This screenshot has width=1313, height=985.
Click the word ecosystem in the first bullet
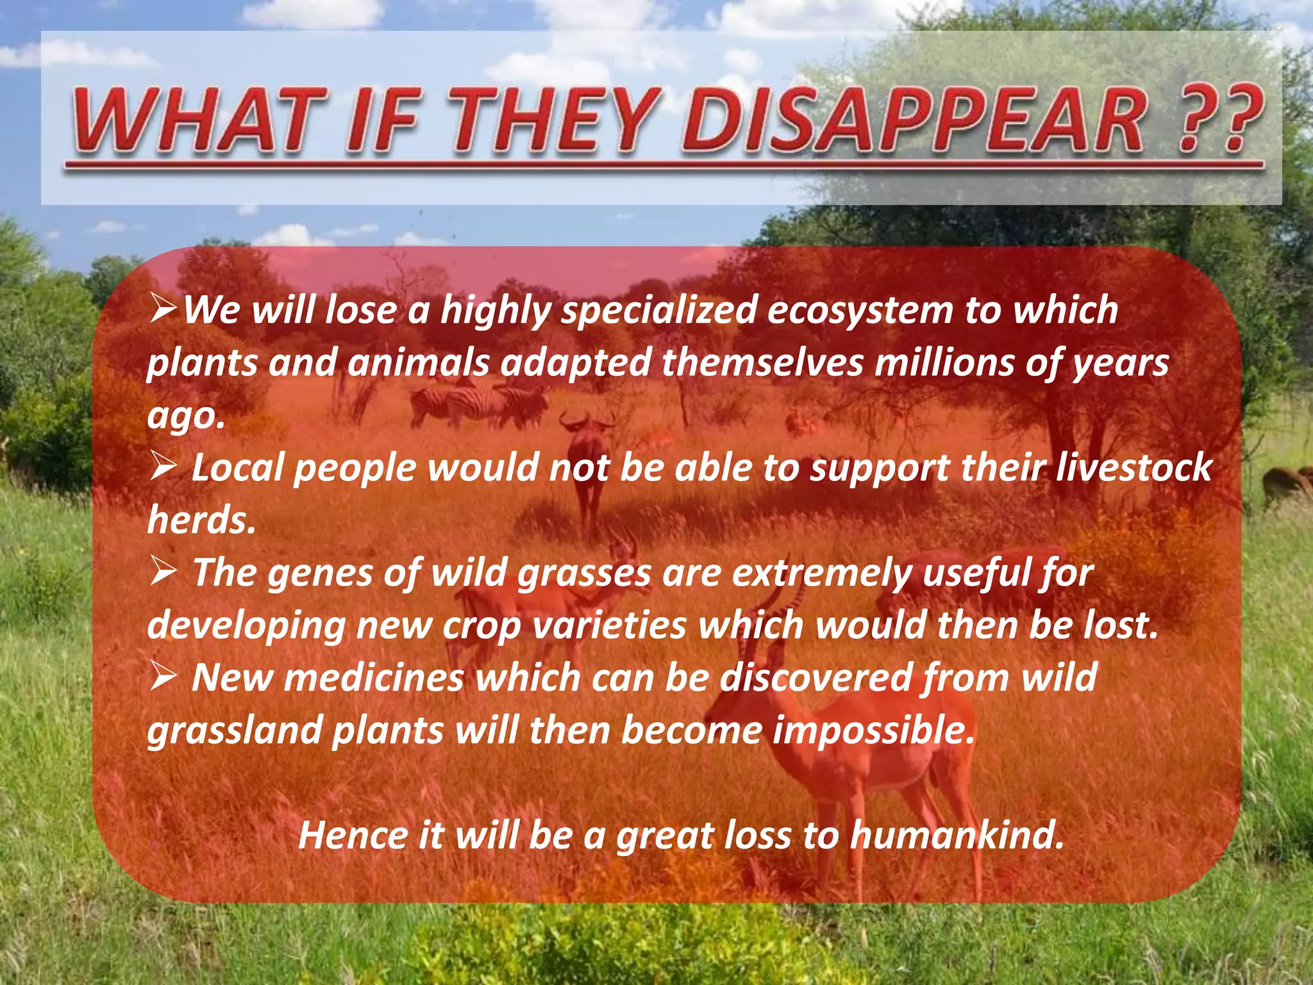[x=859, y=310]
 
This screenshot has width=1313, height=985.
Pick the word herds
[x=201, y=519]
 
